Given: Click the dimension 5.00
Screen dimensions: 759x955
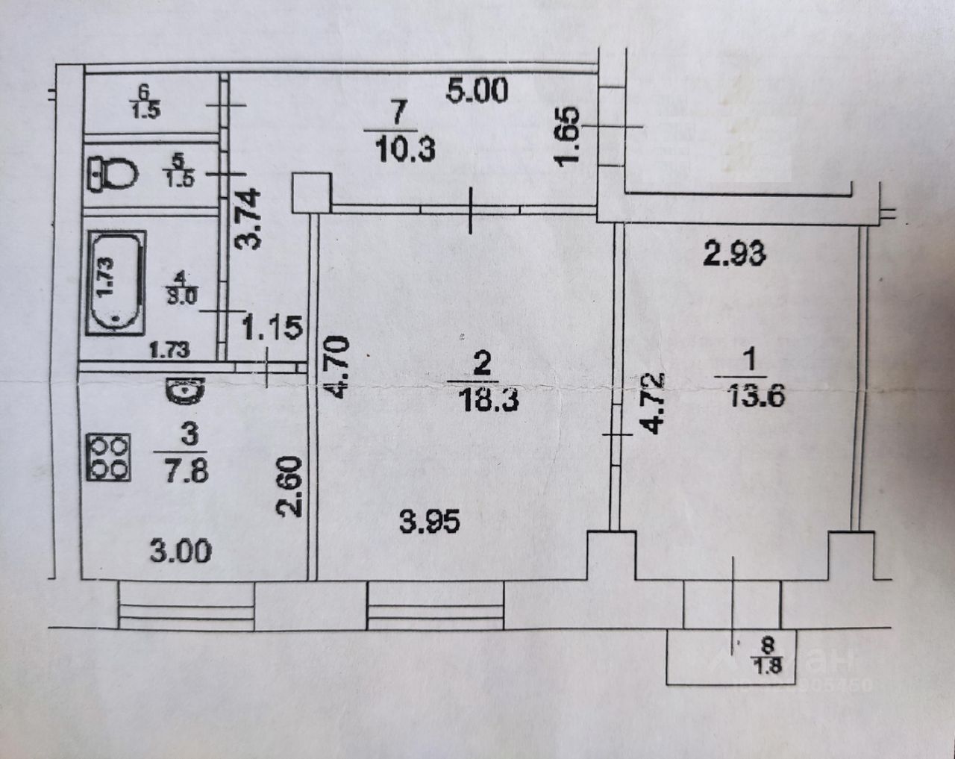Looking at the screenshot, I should point(477,91).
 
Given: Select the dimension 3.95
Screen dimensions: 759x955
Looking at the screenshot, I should point(429,522).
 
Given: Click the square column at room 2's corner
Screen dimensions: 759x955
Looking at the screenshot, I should point(312,193).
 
